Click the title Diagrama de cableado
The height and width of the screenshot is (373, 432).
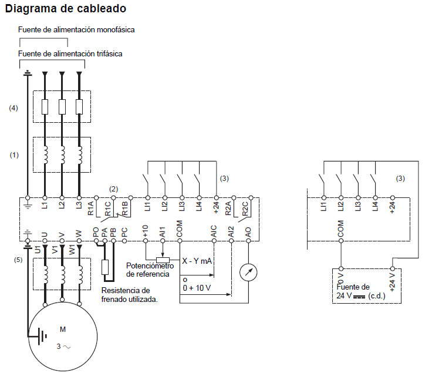[65, 9]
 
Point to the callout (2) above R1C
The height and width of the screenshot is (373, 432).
[114, 189]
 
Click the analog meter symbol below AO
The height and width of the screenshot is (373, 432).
[248, 271]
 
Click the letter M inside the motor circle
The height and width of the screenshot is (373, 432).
[63, 329]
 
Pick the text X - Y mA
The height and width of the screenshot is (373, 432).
[197, 261]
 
